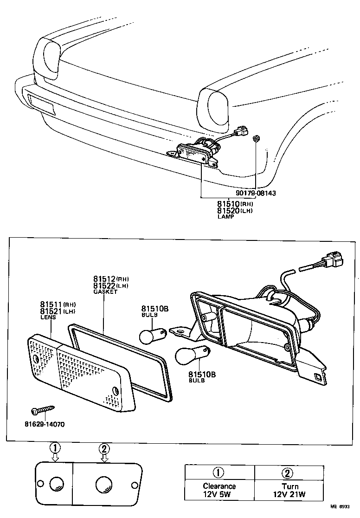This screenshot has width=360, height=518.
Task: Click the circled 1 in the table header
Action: [x=219, y=473]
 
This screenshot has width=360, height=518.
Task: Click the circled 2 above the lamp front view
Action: [x=104, y=448]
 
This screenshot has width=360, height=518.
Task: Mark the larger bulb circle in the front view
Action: [x=103, y=485]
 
